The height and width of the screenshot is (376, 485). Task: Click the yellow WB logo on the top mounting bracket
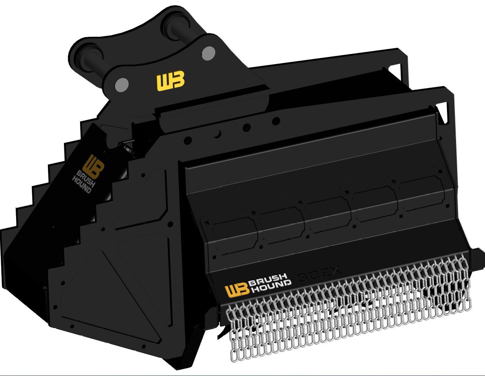170,81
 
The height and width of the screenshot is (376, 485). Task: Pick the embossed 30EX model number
320,275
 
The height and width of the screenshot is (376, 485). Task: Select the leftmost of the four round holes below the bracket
188,140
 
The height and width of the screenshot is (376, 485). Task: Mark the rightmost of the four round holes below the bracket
276,121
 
